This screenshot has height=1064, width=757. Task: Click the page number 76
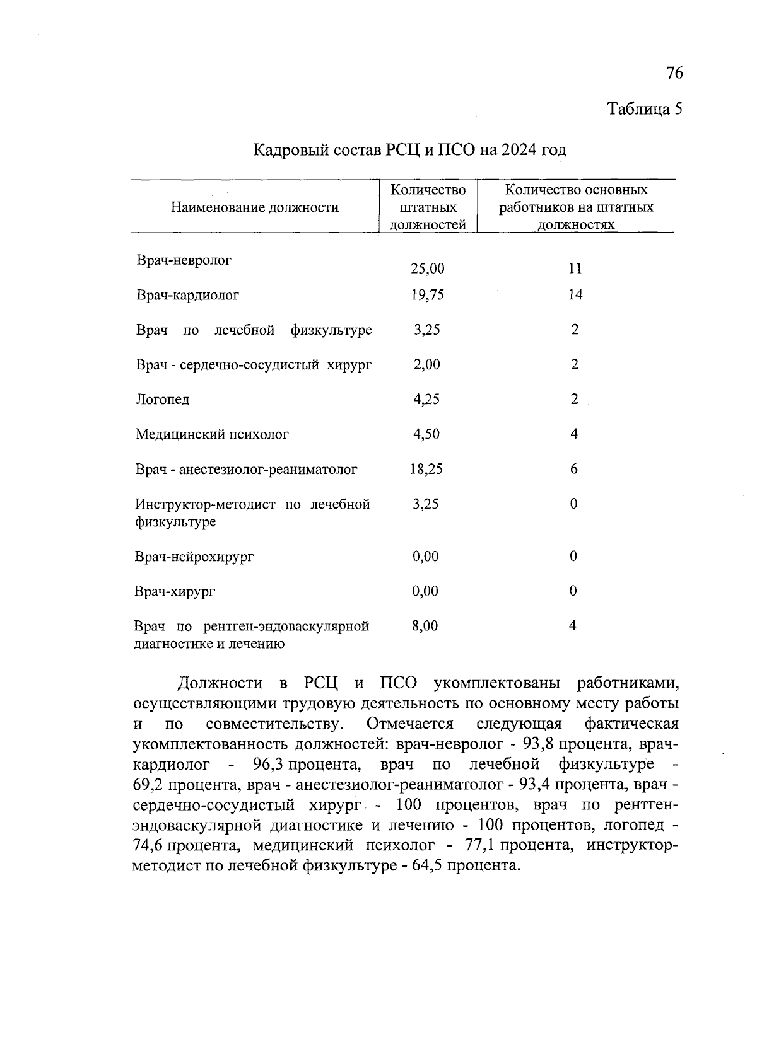point(674,74)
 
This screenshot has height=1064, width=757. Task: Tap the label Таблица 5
point(645,109)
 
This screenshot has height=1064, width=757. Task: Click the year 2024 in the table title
point(518,150)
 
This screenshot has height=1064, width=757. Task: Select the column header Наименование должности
point(254,207)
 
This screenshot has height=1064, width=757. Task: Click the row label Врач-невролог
point(184,260)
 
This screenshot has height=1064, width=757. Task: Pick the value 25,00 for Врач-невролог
point(427,269)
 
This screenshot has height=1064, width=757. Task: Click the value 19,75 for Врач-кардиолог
point(427,295)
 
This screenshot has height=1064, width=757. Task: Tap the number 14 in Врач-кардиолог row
point(574,295)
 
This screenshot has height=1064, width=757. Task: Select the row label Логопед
point(162,400)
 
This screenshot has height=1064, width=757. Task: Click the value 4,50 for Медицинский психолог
point(426,434)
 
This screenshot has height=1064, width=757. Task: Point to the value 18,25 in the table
point(426,469)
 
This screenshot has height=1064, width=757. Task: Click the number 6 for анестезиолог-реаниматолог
point(573,469)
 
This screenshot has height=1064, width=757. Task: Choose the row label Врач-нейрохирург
point(194,557)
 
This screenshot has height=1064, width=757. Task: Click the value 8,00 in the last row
point(425,626)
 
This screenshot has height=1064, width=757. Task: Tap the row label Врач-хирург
point(175,591)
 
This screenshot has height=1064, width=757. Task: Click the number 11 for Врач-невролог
point(574,269)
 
